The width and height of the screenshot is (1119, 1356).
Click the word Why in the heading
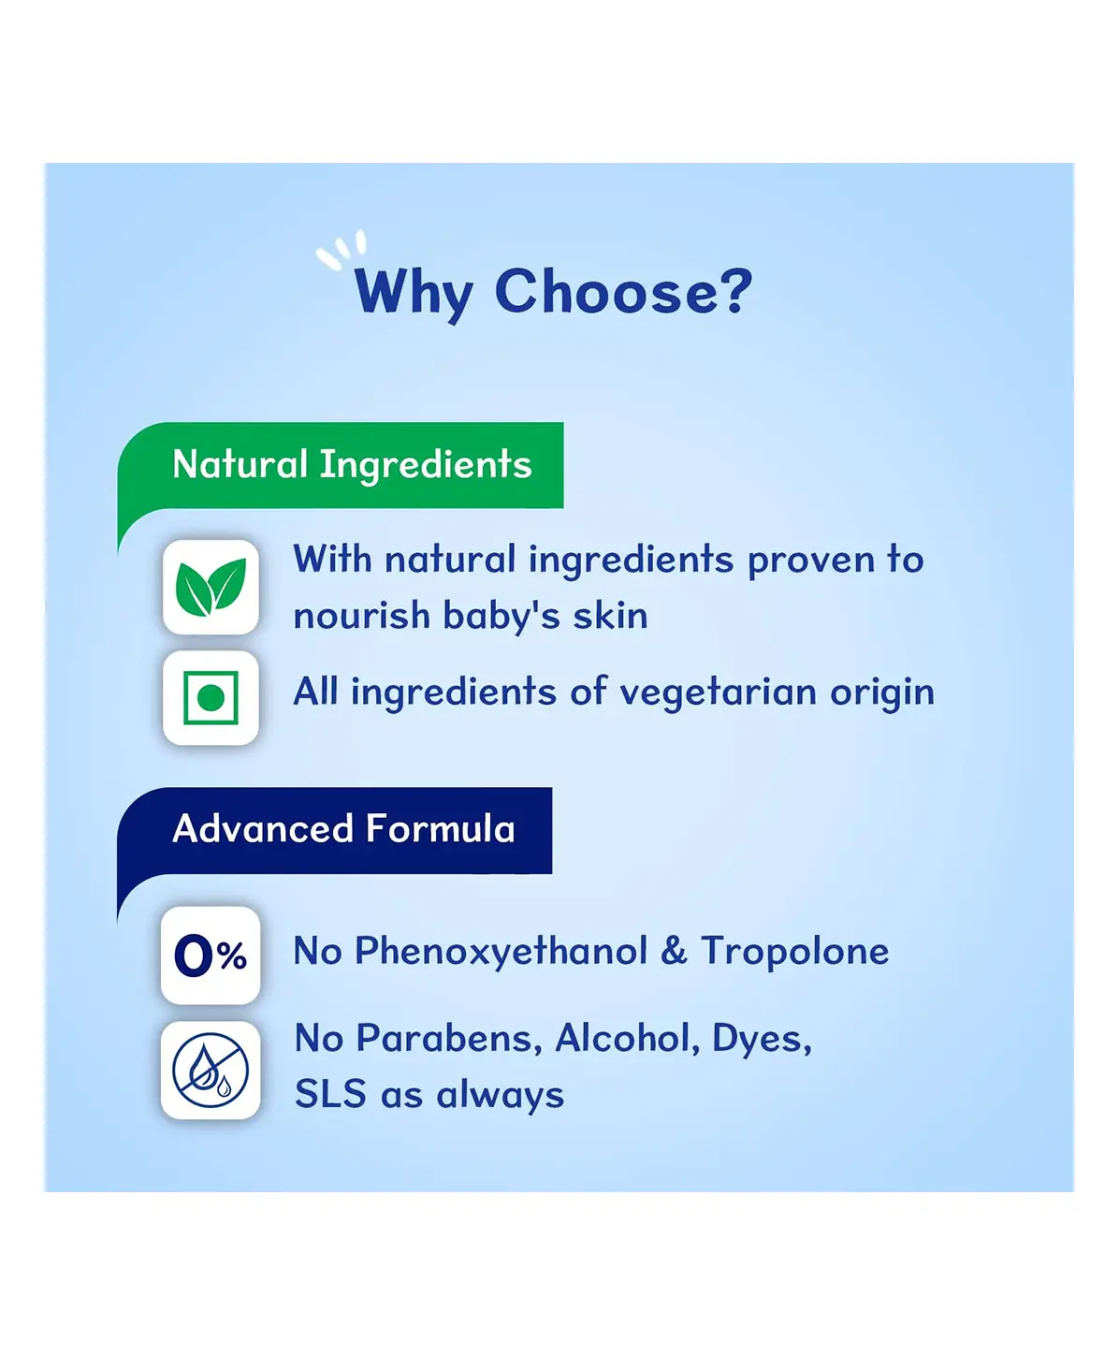(414, 294)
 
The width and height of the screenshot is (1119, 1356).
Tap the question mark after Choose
(738, 290)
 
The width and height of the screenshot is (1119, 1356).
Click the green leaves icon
(211, 588)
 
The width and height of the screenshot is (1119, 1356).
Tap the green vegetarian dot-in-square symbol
(211, 698)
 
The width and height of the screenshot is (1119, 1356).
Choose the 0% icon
(211, 955)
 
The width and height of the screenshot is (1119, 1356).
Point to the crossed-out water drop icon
(211, 1070)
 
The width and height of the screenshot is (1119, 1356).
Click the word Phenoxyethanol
(501, 953)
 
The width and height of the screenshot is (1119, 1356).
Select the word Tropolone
(795, 951)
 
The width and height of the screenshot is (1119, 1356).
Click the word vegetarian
(718, 692)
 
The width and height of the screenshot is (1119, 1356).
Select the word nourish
(361, 615)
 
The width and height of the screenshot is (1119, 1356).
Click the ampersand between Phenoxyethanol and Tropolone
(675, 951)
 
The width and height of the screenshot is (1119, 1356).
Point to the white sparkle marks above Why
(342, 249)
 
